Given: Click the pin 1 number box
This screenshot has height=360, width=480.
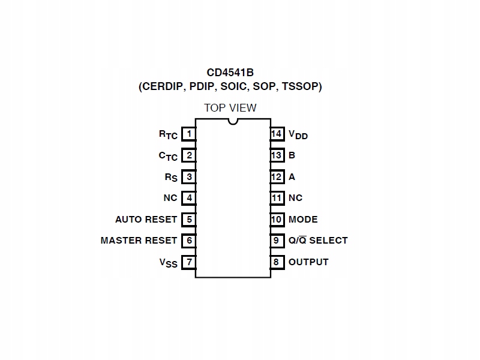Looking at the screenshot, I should tap(189, 134).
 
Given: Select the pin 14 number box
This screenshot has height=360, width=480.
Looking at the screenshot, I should tap(277, 134).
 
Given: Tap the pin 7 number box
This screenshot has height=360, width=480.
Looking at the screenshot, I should tap(189, 262).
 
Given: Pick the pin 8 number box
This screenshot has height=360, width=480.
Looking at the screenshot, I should tap(277, 262).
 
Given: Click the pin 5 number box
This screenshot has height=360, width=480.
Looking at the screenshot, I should tap(189, 220).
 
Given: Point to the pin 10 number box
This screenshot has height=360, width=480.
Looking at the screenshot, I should tap(277, 220).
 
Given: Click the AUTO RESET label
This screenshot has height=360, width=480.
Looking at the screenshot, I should tap(146, 220).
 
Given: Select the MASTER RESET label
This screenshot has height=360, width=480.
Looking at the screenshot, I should tap(139, 241).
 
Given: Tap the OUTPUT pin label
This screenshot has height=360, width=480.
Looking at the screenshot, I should tap(308, 262).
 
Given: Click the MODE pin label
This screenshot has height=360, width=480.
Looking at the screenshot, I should tap(303, 220).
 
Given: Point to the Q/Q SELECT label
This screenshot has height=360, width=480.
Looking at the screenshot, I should tap(318, 241).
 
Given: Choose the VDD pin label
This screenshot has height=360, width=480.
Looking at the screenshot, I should tap(298, 135).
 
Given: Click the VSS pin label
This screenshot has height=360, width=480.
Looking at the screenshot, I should tap(168, 263).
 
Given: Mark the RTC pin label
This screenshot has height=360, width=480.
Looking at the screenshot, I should tap(168, 135).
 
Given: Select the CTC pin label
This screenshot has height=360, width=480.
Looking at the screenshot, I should tap(168, 156).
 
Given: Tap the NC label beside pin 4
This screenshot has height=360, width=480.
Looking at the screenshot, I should tap(170, 198).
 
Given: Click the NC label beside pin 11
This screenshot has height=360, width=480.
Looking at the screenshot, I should tap(295, 198).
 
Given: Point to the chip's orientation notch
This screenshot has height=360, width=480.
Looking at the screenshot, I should tap(233, 122).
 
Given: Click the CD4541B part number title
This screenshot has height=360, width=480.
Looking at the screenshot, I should tap(230, 73).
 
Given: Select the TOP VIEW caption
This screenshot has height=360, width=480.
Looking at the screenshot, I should tap(230, 108).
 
